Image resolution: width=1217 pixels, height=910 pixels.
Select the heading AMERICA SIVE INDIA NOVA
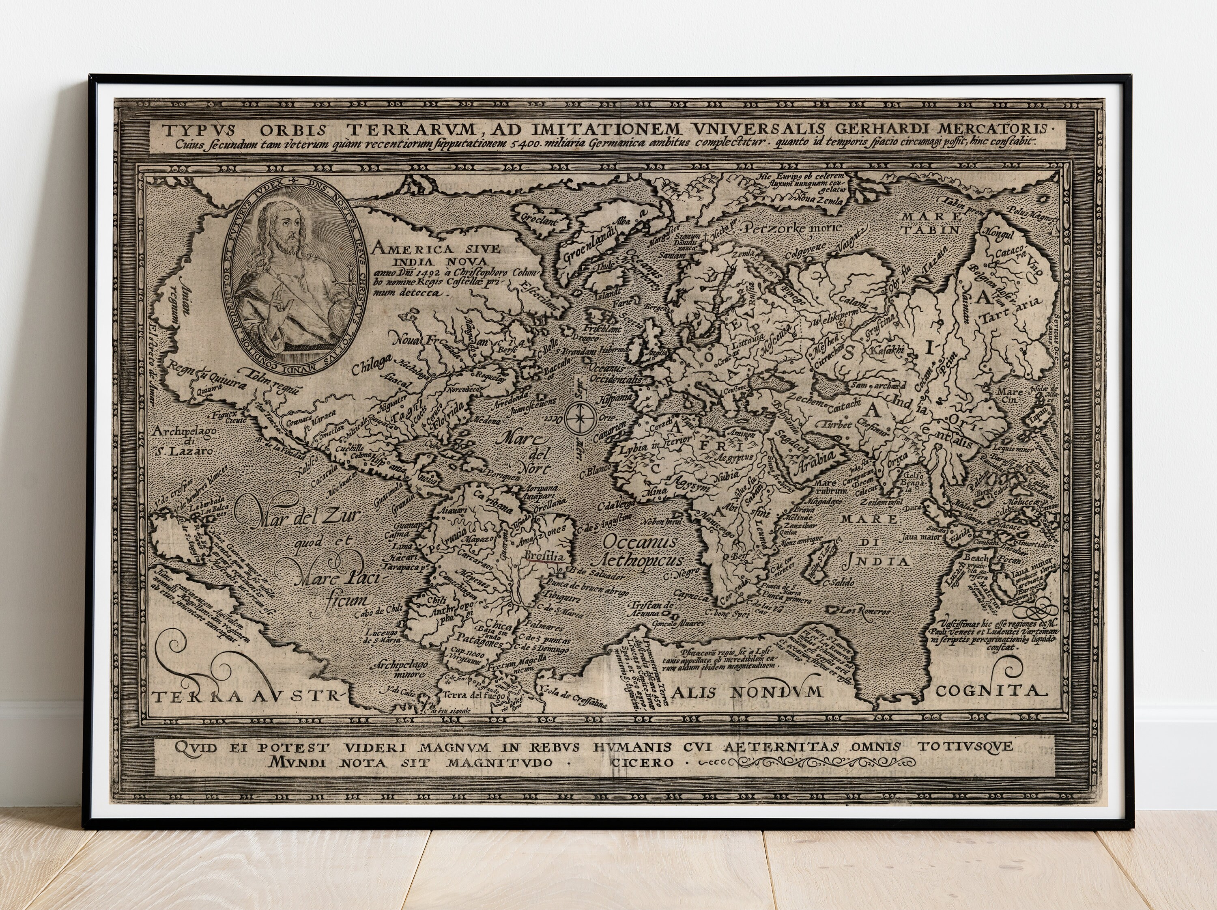[x=434, y=254]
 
